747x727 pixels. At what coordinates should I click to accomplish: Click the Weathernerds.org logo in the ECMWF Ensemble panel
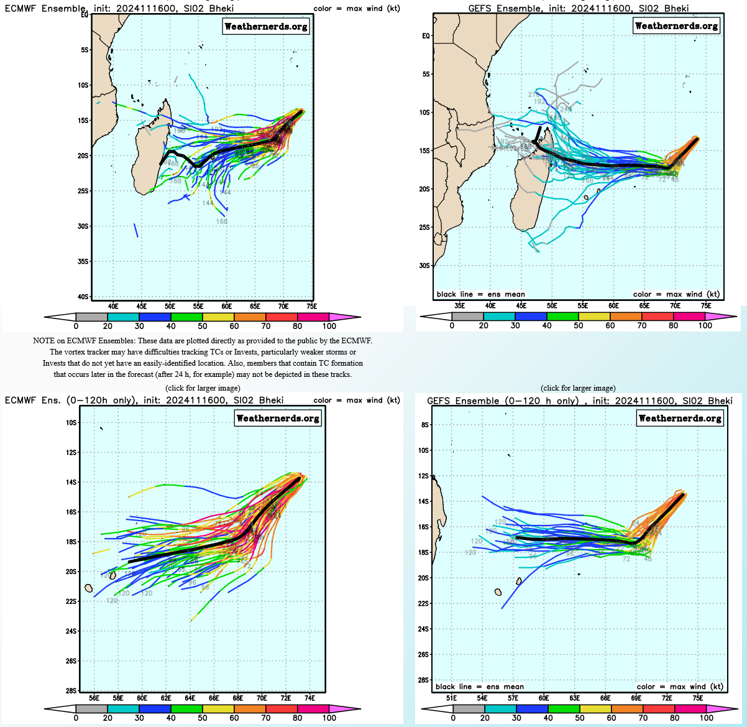tap(265, 26)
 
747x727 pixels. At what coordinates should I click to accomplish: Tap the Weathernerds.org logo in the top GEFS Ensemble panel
tap(676, 25)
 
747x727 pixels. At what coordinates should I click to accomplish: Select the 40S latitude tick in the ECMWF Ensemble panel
tap(83, 297)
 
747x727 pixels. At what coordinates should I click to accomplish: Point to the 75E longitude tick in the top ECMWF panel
tap(311, 306)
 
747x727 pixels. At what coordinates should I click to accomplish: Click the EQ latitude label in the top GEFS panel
tap(426, 36)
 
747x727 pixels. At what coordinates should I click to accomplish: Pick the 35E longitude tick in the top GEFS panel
tap(460, 305)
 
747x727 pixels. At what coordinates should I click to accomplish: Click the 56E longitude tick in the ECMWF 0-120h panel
tap(94, 698)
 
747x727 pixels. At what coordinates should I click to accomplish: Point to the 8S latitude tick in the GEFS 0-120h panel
tap(425, 425)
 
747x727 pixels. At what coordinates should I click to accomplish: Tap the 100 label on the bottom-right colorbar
tap(706, 718)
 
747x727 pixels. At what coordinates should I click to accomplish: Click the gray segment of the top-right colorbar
tap(467, 317)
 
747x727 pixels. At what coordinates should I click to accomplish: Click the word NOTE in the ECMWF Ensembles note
tap(44, 341)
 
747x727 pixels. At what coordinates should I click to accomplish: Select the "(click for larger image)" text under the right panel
tap(578, 388)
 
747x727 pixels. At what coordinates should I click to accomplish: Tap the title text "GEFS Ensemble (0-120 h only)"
tap(503, 401)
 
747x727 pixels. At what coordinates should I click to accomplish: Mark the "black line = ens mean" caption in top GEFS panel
tap(480, 294)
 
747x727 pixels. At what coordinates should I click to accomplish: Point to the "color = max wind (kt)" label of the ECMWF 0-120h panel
tap(357, 401)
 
